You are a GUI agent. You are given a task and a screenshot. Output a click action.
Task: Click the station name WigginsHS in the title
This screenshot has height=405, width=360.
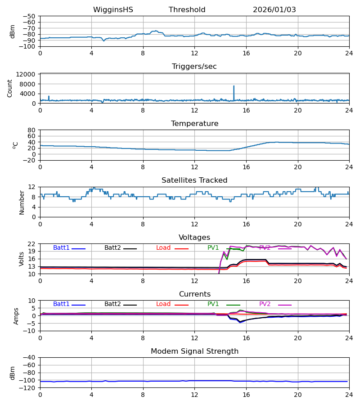pyautogui.click(x=113, y=10)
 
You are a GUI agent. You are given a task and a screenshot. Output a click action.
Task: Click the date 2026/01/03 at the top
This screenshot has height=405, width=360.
pyautogui.click(x=274, y=10)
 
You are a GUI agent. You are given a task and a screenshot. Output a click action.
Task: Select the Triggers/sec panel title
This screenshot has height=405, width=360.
pyautogui.click(x=194, y=67)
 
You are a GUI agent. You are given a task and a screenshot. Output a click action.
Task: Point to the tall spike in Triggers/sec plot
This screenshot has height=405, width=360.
pyautogui.click(x=234, y=86)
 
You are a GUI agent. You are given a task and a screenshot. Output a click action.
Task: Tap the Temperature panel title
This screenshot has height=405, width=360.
pyautogui.click(x=194, y=124)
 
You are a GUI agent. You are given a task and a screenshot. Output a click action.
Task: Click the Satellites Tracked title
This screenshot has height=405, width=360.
pyautogui.click(x=194, y=180)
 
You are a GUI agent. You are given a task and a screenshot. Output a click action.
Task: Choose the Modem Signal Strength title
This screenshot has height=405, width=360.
pyautogui.click(x=194, y=351)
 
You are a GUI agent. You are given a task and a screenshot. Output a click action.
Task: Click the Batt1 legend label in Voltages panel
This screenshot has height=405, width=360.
pyautogui.click(x=61, y=248)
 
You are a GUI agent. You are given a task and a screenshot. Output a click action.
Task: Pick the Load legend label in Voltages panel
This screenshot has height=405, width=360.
pyautogui.click(x=164, y=248)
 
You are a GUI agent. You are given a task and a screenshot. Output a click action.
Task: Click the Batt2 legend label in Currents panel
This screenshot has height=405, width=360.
pyautogui.click(x=113, y=304)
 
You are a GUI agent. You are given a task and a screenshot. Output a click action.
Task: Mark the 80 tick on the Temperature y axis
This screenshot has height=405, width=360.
pyautogui.click(x=32, y=130)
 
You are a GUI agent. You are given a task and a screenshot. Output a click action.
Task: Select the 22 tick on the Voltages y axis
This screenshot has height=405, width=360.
pyautogui.click(x=32, y=244)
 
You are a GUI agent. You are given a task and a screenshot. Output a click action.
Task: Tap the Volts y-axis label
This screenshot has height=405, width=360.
pyautogui.click(x=22, y=259)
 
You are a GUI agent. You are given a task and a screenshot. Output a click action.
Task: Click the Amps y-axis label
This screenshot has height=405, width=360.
pyautogui.click(x=17, y=316)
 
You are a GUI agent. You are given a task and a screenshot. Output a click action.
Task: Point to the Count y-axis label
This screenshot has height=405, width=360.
pyautogui.click(x=10, y=88)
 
